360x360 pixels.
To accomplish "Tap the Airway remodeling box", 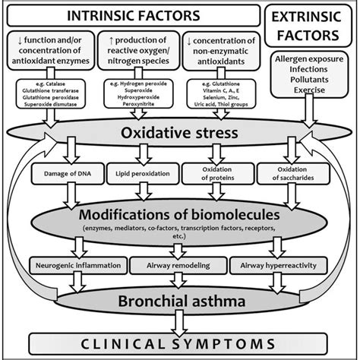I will [x=178, y=265].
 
